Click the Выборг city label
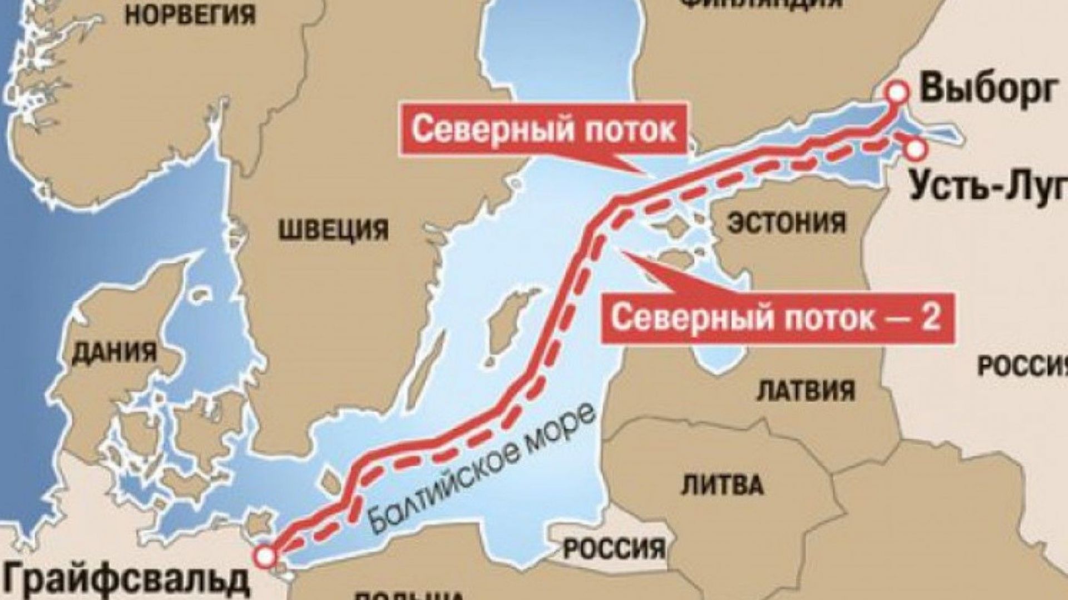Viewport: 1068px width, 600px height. [x=988, y=89]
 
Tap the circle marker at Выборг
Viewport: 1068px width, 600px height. [x=896, y=93]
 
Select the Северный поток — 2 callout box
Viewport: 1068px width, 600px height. [x=776, y=318]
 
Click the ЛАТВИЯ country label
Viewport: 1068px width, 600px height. [x=806, y=390]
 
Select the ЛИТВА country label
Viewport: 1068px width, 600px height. [x=721, y=484]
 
